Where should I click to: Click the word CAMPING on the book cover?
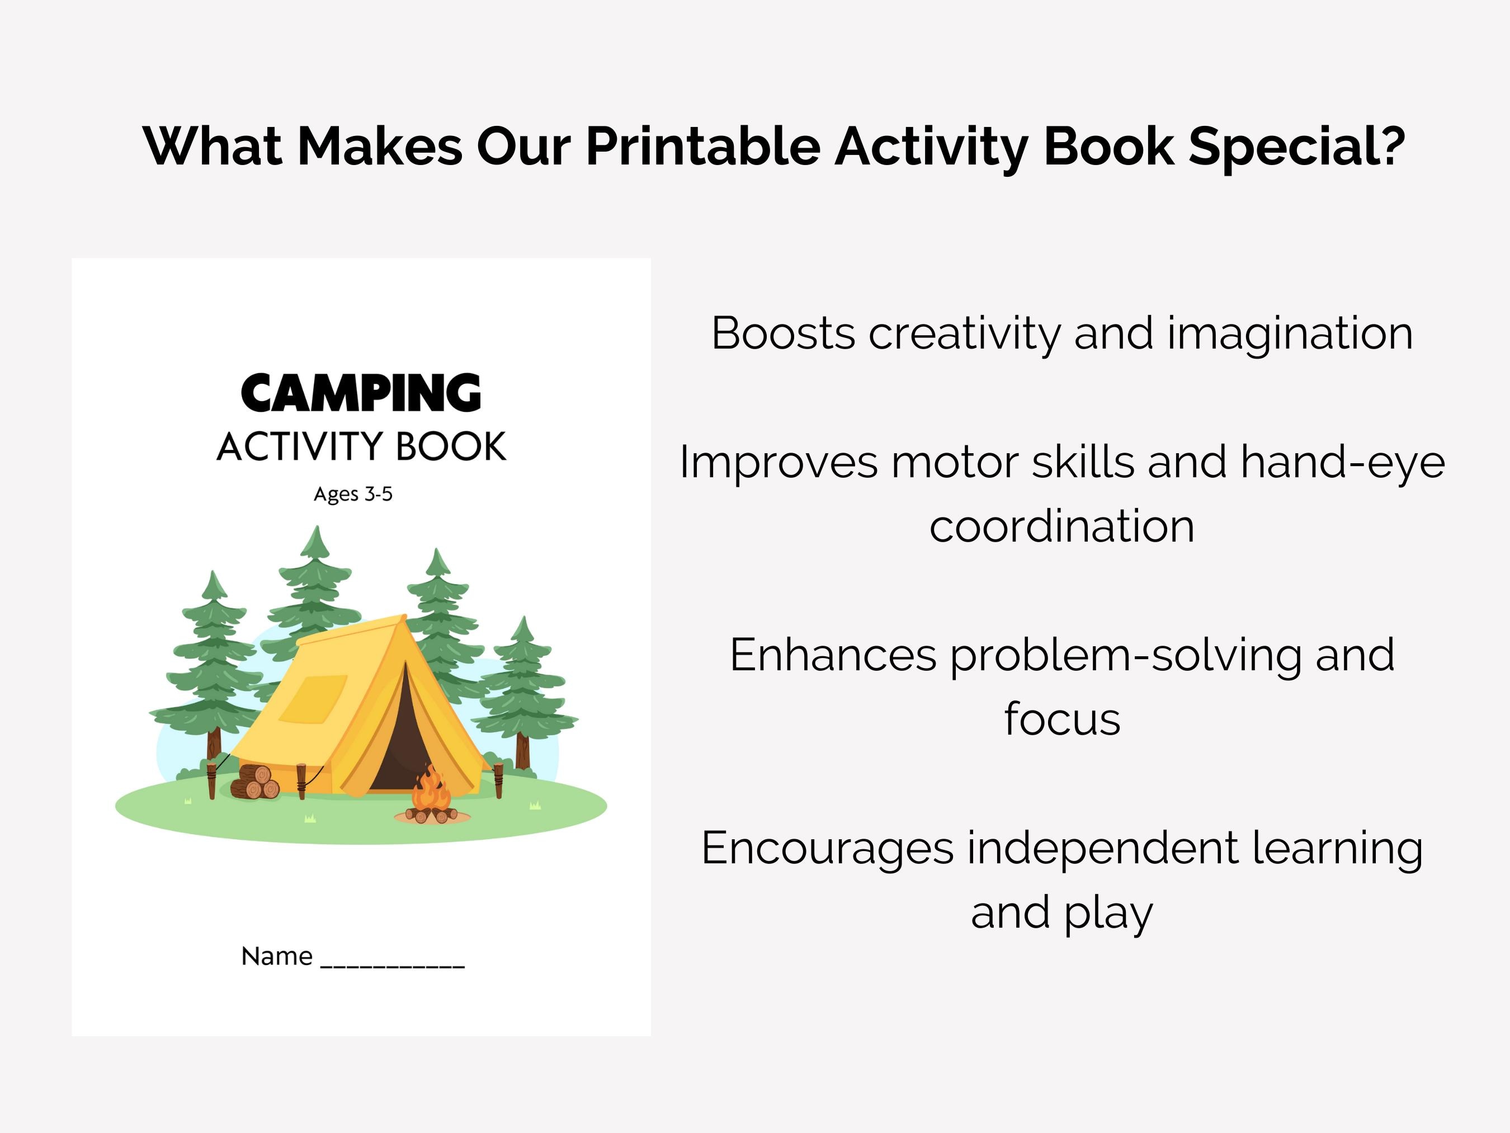361,394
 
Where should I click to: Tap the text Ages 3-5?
353,494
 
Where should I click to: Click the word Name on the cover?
276,956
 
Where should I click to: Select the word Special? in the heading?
1296,147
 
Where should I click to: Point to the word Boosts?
783,333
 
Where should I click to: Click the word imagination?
1290,335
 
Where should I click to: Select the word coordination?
1061,526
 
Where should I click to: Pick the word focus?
1062,718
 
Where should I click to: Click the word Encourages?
827,849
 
